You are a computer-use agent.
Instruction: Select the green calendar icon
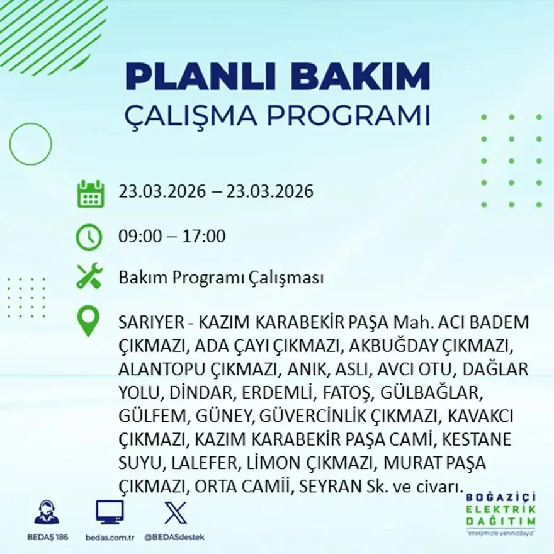90,194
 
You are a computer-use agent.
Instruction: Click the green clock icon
89,237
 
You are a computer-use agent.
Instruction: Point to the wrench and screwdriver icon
89,277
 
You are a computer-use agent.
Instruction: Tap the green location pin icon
88,320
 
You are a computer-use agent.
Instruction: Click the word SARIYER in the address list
149,322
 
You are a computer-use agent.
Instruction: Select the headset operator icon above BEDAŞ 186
47,512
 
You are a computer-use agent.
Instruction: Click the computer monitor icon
110,512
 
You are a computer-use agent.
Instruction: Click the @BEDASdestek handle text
174,537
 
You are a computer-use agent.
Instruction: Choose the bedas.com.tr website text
110,537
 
